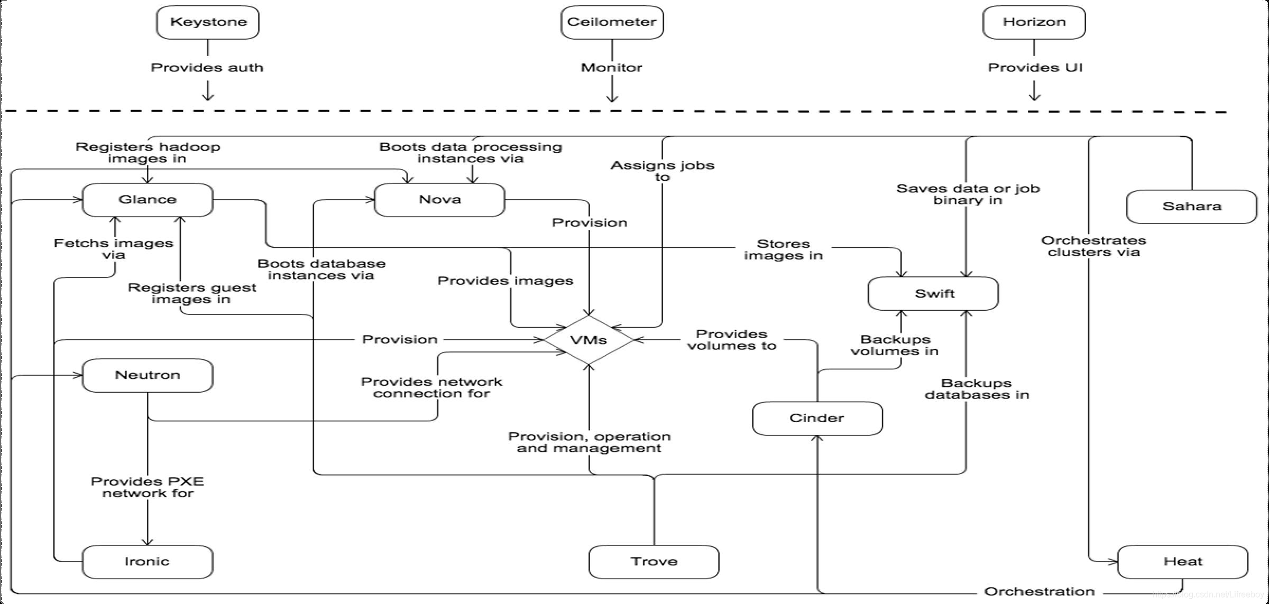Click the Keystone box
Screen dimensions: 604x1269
(x=208, y=22)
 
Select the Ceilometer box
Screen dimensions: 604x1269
(x=612, y=22)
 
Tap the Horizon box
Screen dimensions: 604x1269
(x=1034, y=22)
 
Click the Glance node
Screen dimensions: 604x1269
(x=148, y=200)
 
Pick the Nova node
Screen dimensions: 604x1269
(x=439, y=200)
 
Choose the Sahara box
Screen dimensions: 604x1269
(x=1191, y=207)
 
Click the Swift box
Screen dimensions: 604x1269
(x=934, y=294)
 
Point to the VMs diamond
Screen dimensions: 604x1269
(x=588, y=340)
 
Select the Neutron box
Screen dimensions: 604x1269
(x=148, y=375)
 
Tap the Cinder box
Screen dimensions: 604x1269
(x=817, y=419)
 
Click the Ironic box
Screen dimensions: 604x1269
(x=148, y=562)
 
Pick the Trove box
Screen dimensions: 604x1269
(x=654, y=562)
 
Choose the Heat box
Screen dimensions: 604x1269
(x=1183, y=562)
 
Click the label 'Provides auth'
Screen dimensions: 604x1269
(x=207, y=68)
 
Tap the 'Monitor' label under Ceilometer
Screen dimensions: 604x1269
(x=611, y=68)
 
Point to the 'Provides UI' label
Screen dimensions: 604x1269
(x=1035, y=68)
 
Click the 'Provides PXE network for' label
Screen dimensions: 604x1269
(x=148, y=487)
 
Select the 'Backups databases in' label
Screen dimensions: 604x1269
(x=977, y=389)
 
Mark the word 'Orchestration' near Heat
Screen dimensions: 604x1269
(x=1039, y=591)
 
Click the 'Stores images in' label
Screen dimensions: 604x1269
(x=783, y=249)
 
